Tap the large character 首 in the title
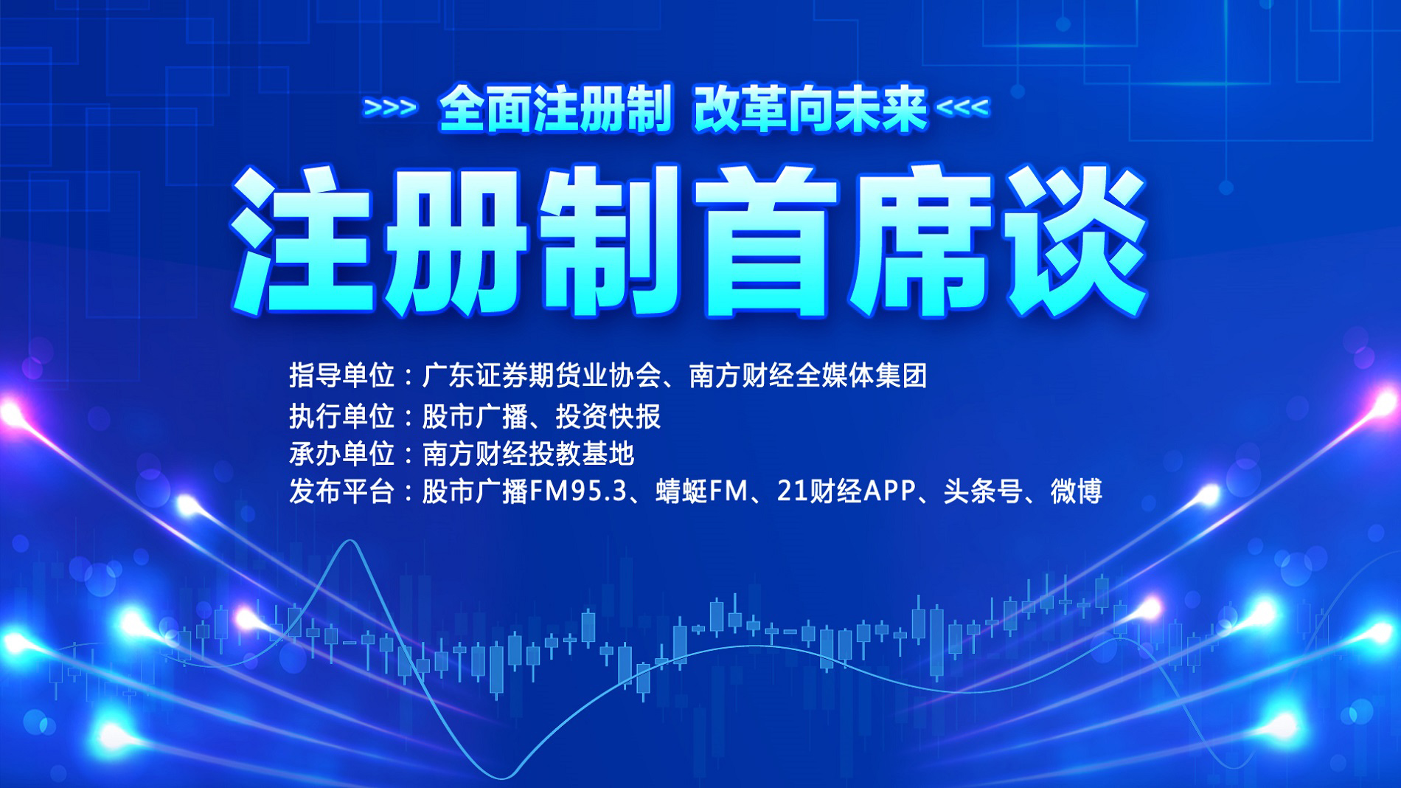pyautogui.click(x=767, y=242)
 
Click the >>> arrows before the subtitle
pyautogui.click(x=390, y=108)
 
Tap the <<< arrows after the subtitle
pyautogui.click(x=962, y=108)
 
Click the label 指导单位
pyautogui.click(x=341, y=376)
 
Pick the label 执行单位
pyautogui.click(x=341, y=416)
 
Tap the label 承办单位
pyautogui.click(x=341, y=454)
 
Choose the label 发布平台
pyautogui.click(x=341, y=491)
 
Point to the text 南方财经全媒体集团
pyautogui.click(x=808, y=376)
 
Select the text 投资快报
pyautogui.click(x=608, y=416)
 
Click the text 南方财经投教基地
pyautogui.click(x=528, y=454)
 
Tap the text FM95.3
pyautogui.click(x=579, y=491)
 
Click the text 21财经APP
pyautogui.click(x=846, y=491)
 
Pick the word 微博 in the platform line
pyautogui.click(x=1076, y=491)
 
